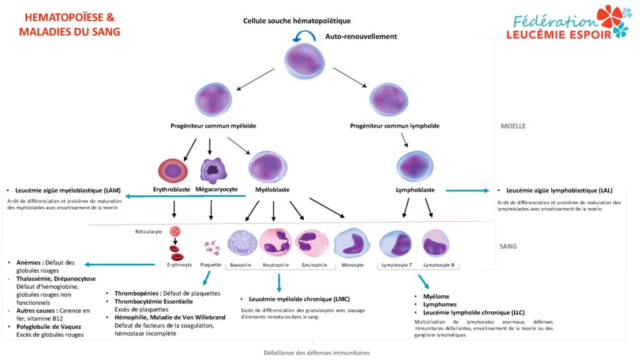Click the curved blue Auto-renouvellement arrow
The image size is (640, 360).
(304, 34)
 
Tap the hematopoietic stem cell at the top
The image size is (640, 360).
(304, 61)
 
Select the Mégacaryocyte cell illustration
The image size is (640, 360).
(213, 170)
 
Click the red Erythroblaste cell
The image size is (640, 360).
(173, 171)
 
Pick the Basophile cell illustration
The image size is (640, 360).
(242, 243)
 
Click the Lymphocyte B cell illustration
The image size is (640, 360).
(436, 244)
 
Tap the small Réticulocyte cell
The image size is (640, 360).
(175, 231)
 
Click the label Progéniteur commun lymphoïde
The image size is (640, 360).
(395, 126)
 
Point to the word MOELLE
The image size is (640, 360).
(513, 126)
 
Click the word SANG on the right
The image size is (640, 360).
(508, 246)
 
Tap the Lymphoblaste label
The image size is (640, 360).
(415, 190)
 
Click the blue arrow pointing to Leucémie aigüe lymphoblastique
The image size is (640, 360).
(467, 190)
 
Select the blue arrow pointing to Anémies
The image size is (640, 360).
(119, 264)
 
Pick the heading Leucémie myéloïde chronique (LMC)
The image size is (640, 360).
(299, 299)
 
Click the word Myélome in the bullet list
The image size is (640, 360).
(436, 297)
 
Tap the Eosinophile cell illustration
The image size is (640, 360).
(312, 243)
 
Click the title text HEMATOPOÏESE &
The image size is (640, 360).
(70, 17)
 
